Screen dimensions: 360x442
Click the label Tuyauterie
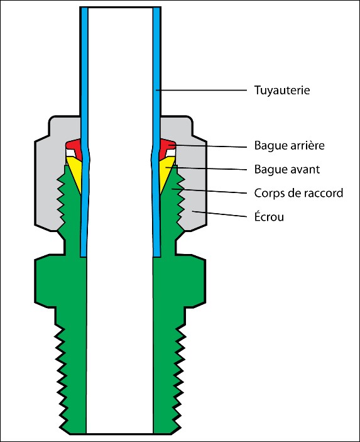(282, 91)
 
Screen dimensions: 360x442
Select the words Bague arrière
(289, 145)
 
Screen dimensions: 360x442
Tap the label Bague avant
(287, 169)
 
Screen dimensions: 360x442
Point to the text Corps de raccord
(298, 193)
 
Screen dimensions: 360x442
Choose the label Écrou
(269, 216)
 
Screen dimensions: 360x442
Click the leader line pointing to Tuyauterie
(202, 90)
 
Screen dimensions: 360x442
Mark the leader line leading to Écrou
(220, 214)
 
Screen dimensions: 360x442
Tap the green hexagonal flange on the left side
(60, 280)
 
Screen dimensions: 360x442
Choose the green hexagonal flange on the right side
(179, 280)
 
